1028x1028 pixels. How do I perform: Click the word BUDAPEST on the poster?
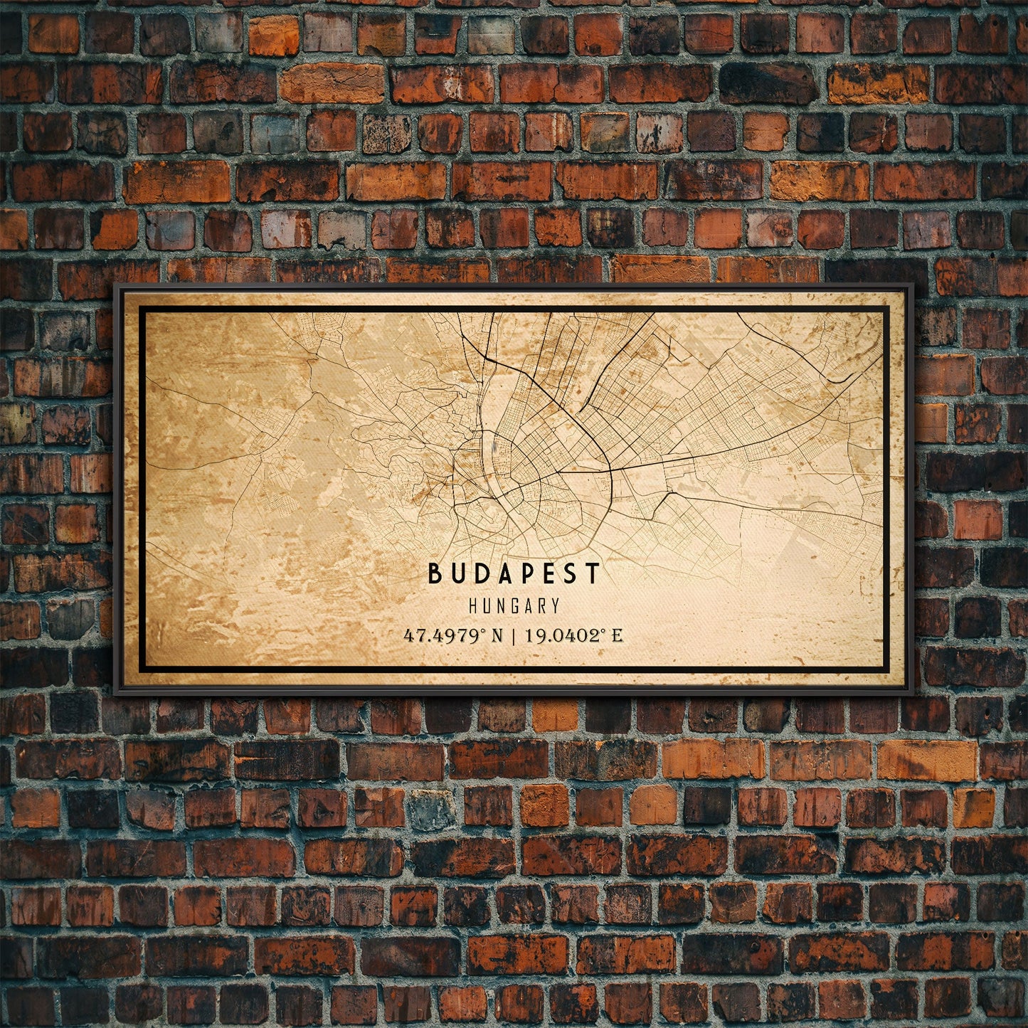tap(514, 573)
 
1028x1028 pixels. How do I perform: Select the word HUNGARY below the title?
tap(514, 606)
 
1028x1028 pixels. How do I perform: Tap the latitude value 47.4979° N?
tap(453, 635)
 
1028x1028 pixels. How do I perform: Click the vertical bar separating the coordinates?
tap(514, 635)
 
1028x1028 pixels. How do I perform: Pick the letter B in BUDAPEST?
tap(434, 573)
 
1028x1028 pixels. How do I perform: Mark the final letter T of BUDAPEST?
tap(594, 573)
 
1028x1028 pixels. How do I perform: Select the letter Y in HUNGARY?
tap(555, 606)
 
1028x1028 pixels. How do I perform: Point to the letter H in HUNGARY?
tap(473, 606)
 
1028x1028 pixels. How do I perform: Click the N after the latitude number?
tap(496, 635)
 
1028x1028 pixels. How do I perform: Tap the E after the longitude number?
tap(617, 635)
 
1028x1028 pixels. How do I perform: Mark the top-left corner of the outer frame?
tap(115, 285)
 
